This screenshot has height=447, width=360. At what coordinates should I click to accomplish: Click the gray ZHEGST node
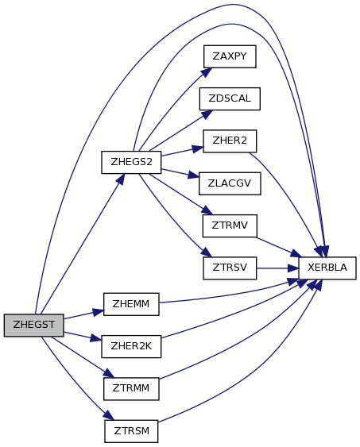[33, 326]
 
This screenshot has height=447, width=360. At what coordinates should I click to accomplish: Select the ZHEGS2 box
[131, 162]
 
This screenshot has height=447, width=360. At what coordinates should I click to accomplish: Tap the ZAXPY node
[230, 56]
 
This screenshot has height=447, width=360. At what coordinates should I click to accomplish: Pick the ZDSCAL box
[230, 98]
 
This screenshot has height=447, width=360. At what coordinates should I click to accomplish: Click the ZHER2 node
[230, 141]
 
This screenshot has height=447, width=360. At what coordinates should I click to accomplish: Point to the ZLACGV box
[230, 183]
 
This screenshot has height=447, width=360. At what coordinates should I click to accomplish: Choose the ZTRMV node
[230, 225]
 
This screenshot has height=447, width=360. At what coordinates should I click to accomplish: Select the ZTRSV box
[230, 268]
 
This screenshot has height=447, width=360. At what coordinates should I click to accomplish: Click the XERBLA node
[327, 268]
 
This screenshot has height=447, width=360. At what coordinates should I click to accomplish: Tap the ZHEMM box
[131, 304]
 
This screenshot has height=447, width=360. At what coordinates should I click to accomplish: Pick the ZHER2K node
[131, 346]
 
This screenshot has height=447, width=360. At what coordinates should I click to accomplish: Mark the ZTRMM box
[131, 389]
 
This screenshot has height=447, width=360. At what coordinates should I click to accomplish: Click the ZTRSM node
[131, 431]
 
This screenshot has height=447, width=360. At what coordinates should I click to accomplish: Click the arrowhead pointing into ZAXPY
[207, 72]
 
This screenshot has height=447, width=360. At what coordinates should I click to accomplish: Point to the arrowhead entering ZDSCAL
[207, 114]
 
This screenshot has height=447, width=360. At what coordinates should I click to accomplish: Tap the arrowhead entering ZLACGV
[193, 175]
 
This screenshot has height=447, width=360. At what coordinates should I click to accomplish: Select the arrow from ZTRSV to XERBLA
[277, 268]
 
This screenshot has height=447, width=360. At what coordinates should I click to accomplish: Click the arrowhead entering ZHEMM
[98, 311]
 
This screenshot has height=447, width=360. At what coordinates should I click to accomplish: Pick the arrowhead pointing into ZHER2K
[96, 339]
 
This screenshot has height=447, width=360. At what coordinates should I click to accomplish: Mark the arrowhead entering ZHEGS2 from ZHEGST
[121, 179]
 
